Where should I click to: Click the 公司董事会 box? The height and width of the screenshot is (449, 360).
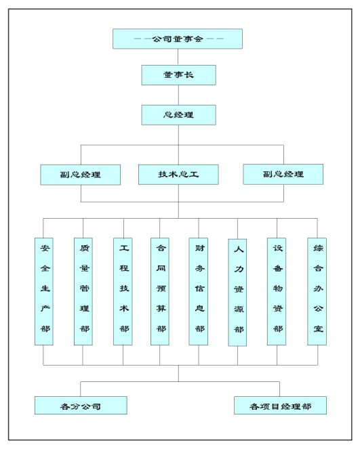pos(178,39)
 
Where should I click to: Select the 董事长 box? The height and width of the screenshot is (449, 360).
pos(178,75)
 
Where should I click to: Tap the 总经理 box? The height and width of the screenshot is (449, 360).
pos(178,115)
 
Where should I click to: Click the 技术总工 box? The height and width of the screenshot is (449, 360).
pos(178,175)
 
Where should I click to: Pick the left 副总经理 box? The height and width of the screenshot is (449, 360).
pos(80,175)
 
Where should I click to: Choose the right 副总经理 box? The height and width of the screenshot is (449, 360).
pos(283,174)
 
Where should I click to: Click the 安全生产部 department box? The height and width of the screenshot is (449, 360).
pos(44,291)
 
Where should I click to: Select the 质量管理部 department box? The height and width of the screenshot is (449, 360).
pos(83,291)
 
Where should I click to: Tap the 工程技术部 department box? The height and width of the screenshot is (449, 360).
pos(123,291)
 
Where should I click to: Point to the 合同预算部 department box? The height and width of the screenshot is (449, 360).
pos(160,291)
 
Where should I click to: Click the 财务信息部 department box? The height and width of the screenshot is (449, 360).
pos(199,291)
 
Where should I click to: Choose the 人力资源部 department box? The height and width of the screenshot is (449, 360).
pos(237,293)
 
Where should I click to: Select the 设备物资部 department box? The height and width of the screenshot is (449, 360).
pos(277,291)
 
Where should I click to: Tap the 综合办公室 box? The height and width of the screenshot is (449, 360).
pos(317,291)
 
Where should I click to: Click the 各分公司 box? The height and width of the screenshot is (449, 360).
pos(81,406)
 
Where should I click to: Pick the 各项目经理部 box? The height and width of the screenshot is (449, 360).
pos(280,406)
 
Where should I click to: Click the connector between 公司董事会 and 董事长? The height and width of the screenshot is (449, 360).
pos(178,57)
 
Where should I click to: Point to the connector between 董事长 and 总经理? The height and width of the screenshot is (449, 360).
pos(178,95)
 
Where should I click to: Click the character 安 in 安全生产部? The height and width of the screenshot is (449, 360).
pos(45,248)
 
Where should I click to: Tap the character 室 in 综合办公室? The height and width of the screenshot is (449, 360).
pos(318,328)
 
